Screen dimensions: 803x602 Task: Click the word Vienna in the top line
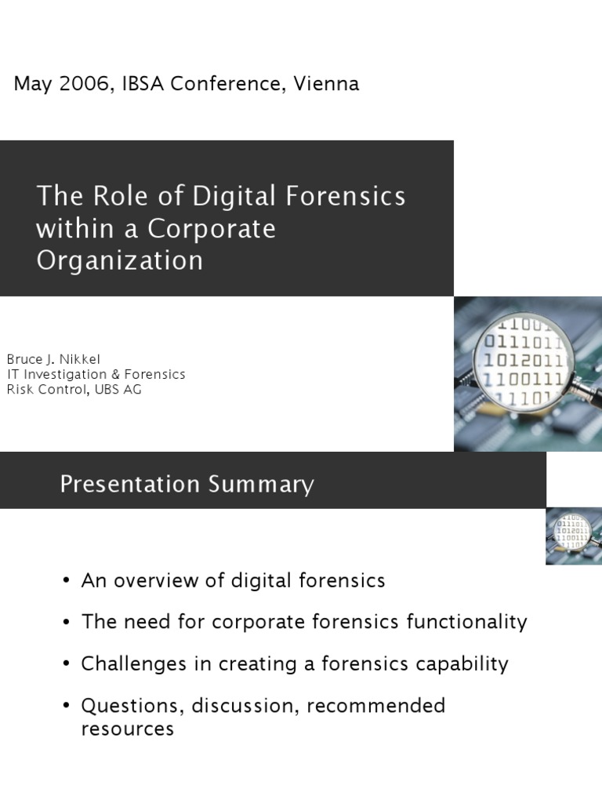(x=326, y=84)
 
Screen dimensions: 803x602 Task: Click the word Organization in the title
(x=119, y=260)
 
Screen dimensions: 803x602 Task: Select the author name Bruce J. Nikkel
(x=53, y=359)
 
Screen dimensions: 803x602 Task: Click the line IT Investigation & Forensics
(x=96, y=374)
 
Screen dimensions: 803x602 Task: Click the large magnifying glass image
(x=528, y=373)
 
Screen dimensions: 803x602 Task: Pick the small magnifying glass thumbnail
(x=574, y=536)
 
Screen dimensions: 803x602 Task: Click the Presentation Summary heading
(x=187, y=485)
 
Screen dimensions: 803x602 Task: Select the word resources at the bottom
(x=127, y=729)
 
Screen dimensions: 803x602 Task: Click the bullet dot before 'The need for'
(x=67, y=623)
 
